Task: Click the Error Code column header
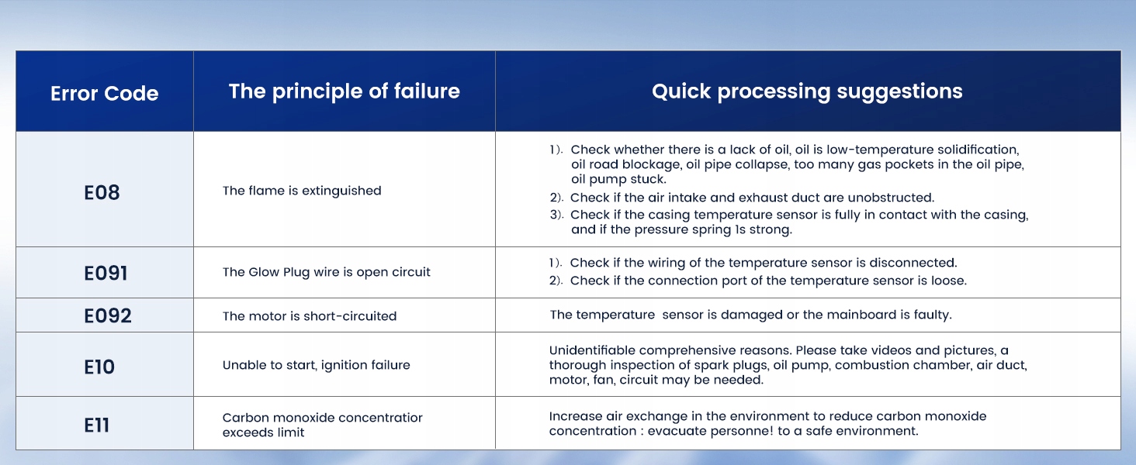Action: (x=105, y=93)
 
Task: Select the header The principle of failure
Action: (x=344, y=91)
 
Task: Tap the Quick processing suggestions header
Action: (x=807, y=91)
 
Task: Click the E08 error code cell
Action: (x=102, y=192)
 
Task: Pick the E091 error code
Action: (x=106, y=273)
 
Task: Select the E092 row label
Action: (x=108, y=315)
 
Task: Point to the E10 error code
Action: (x=99, y=367)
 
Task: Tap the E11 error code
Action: (x=96, y=425)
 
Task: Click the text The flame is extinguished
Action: (x=302, y=191)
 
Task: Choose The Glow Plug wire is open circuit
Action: (x=326, y=272)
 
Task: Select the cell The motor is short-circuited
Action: (x=310, y=316)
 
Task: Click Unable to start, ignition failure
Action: (x=316, y=365)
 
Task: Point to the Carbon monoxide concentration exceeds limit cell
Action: (x=322, y=425)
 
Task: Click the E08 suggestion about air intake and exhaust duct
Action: (x=742, y=198)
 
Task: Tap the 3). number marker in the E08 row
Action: (x=556, y=215)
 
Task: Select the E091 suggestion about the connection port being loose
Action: (x=757, y=281)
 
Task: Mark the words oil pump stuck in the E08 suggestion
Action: (x=618, y=179)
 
